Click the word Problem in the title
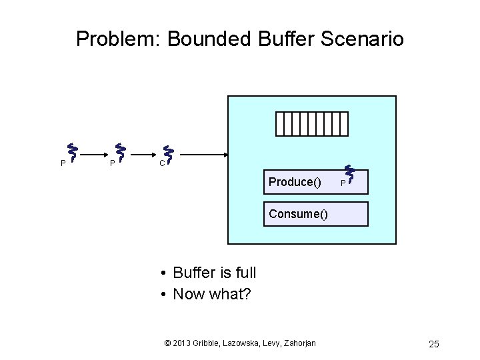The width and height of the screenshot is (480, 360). tap(117, 39)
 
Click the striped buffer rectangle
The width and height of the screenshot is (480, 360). tap(312, 123)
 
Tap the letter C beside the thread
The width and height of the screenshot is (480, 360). tap(161, 162)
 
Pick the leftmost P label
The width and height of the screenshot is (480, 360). tap(63, 162)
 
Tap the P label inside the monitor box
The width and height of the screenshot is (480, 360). tap(342, 183)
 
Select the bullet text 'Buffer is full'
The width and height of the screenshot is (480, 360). tap(214, 273)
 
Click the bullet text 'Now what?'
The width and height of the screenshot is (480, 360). tap(211, 293)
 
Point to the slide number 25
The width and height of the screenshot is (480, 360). tap(434, 344)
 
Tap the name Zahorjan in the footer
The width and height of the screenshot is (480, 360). tap(297, 343)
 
